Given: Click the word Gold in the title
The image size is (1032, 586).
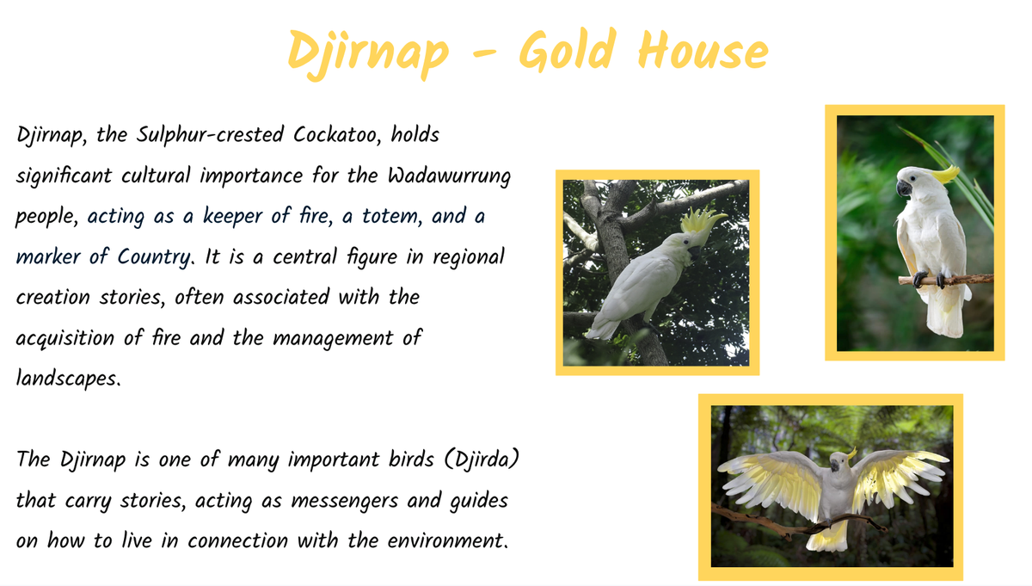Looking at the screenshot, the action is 568,49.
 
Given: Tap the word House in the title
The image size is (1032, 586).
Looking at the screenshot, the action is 703,50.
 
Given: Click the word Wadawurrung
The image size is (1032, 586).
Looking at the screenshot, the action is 449,176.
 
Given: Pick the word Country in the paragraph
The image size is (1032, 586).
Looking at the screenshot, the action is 153,257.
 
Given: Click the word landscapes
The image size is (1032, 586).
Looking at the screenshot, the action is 68,379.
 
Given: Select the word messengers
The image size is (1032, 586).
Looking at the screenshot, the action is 345,501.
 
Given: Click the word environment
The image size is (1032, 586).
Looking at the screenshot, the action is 447,540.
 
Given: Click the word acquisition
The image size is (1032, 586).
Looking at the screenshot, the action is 65,338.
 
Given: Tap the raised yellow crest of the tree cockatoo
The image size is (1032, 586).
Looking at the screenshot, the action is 700,219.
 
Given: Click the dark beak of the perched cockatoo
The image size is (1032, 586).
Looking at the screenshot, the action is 904,188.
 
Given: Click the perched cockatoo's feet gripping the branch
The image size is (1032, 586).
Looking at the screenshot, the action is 930,279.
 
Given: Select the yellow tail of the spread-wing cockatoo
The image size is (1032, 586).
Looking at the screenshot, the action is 829,536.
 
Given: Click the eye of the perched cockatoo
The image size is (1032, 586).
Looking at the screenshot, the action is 912,178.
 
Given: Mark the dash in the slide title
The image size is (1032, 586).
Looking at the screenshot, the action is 484,53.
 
